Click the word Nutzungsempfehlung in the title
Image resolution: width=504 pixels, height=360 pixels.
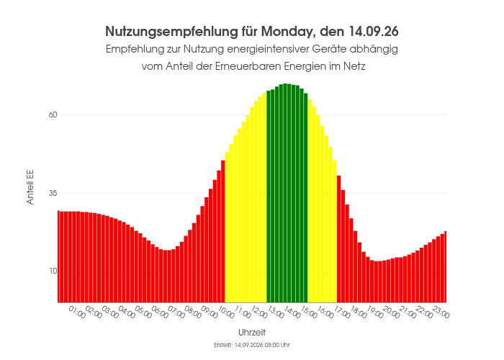pyautogui.click(x=172, y=32)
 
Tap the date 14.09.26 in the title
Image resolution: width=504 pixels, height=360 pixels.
pyautogui.click(x=373, y=32)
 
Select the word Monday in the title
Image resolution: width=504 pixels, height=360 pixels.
pyautogui.click(x=286, y=32)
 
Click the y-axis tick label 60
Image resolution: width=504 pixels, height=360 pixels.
pyautogui.click(x=53, y=114)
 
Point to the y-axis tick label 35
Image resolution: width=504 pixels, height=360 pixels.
pyautogui.click(x=53, y=193)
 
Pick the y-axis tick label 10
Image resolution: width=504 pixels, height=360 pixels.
pyautogui.click(x=53, y=271)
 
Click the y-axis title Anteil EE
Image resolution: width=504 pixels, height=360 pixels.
pyautogui.click(x=30, y=187)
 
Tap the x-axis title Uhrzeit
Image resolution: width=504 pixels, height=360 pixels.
pyautogui.click(x=252, y=333)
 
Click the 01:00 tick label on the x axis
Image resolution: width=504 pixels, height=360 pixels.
pyautogui.click(x=77, y=312)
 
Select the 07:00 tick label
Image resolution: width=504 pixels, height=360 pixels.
pyautogui.click(x=176, y=312)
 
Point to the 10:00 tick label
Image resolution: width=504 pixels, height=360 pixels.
pyautogui.click(x=226, y=312)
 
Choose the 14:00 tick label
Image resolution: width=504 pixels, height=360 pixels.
pyautogui.click(x=292, y=312)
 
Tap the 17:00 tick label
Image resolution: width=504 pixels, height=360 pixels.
pyautogui.click(x=342, y=312)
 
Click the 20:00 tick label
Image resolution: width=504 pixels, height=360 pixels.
pyautogui.click(x=391, y=312)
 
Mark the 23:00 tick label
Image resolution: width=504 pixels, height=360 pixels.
pyautogui.click(x=441, y=312)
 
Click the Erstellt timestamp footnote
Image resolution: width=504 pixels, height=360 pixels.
pyautogui.click(x=252, y=345)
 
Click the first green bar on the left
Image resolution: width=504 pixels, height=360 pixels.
pyautogui.click(x=269, y=197)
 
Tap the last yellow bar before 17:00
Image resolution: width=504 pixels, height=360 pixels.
pyautogui.click(x=335, y=231)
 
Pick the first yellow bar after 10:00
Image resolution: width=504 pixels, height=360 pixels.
pyautogui.click(x=228, y=227)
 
